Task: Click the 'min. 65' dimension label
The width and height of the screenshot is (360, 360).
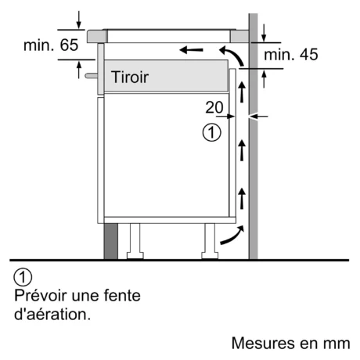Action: tap(51, 45)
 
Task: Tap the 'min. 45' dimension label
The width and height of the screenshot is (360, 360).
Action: tap(291, 55)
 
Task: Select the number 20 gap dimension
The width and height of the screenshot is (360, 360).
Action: tap(214, 107)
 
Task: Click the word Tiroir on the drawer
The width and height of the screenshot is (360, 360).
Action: tap(130, 77)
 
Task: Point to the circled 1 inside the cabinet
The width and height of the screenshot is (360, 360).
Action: tap(211, 132)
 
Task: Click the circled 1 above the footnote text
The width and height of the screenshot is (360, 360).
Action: tap(23, 277)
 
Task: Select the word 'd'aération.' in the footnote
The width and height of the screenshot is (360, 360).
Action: tap(52, 315)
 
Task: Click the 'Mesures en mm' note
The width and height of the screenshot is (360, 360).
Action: tap(290, 343)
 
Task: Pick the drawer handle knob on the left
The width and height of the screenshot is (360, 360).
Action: tap(92, 76)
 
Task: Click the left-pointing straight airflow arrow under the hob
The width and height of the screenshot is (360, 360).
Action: tap(191, 49)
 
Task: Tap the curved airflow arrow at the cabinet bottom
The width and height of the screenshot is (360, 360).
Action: tap(232, 235)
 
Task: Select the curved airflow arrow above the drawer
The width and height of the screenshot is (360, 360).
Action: tap(232, 56)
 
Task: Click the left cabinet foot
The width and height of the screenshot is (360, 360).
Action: tap(135, 241)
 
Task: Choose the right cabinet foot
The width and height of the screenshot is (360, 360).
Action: tap(210, 241)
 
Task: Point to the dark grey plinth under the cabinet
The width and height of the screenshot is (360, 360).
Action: tap(111, 241)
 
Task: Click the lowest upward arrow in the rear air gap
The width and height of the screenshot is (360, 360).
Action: tap(242, 198)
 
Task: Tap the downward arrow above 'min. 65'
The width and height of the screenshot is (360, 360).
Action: tap(79, 20)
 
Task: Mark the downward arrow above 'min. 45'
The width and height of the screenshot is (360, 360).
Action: tap(264, 33)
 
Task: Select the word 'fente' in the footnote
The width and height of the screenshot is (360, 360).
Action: tap(122, 295)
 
